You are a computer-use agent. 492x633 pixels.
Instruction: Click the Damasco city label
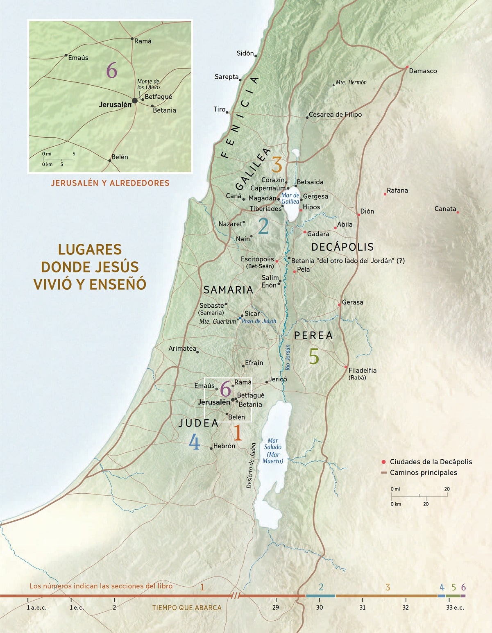[423, 71]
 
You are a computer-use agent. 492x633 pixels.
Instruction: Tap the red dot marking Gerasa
[339, 305]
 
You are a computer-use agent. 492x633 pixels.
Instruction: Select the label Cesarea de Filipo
[335, 115]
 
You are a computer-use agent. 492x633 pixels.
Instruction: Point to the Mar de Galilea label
[290, 198]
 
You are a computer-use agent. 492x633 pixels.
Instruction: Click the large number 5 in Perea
[314, 357]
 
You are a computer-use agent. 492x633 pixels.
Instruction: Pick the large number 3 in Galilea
[277, 165]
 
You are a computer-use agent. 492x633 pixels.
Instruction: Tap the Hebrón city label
[224, 446]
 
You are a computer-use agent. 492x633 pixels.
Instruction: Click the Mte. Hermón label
[351, 82]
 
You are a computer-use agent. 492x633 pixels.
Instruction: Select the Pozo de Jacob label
[258, 321]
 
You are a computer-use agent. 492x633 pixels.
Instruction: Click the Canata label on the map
[445, 209]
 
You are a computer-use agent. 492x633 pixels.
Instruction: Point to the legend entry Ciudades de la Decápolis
[431, 462]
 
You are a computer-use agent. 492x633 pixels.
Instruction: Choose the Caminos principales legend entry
[423, 473]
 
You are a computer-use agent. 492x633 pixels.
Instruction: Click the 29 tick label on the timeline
[276, 607]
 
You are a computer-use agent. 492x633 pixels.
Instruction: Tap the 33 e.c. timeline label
[455, 607]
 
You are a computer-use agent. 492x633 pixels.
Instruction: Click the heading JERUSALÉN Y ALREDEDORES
[110, 183]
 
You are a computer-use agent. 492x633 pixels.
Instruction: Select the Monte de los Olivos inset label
[148, 84]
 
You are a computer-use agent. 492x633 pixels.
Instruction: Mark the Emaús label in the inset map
[78, 58]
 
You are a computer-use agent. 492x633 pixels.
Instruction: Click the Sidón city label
[245, 53]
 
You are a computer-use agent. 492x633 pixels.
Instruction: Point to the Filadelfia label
[362, 370]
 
